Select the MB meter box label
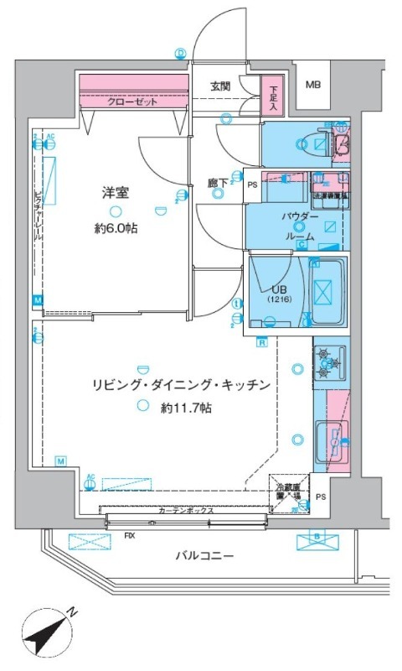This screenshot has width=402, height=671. pyautogui.click(x=312, y=85)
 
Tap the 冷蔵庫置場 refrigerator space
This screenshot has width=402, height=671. pyautogui.click(x=287, y=491)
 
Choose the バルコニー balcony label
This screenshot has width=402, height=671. pyautogui.click(x=204, y=555)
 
